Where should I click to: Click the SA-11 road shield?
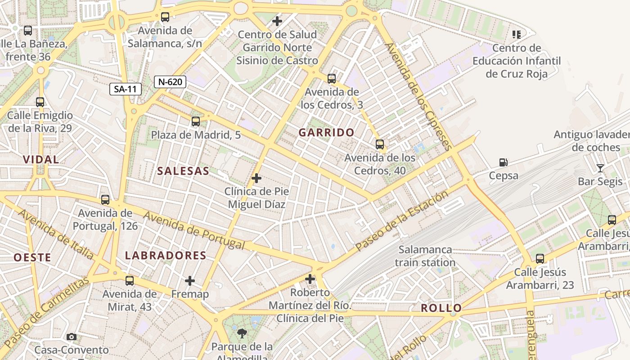coord(125,89)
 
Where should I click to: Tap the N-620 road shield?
coord(170,81)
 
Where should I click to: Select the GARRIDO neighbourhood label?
coord(327,132)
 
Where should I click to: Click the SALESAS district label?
coord(183,171)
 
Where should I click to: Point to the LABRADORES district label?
coord(166,256)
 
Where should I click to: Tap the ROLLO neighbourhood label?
coord(441,308)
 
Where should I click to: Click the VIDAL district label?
coord(41,159)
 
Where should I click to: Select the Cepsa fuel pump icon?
coord(503,162)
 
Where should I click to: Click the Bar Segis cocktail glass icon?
coord(600,168)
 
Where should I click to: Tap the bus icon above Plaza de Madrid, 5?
coord(195,121)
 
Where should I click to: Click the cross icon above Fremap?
coord(190,281)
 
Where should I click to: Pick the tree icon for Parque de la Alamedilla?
coord(242,333)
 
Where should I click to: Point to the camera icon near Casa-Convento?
coord(71,337)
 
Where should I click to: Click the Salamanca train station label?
coord(425,256)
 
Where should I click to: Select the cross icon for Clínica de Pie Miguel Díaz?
coord(256,178)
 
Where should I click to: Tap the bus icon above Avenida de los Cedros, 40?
coord(380,144)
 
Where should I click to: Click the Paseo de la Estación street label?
coord(401,220)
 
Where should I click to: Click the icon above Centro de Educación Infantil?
coord(516,34)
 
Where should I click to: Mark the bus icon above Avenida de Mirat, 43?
coord(130,281)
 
